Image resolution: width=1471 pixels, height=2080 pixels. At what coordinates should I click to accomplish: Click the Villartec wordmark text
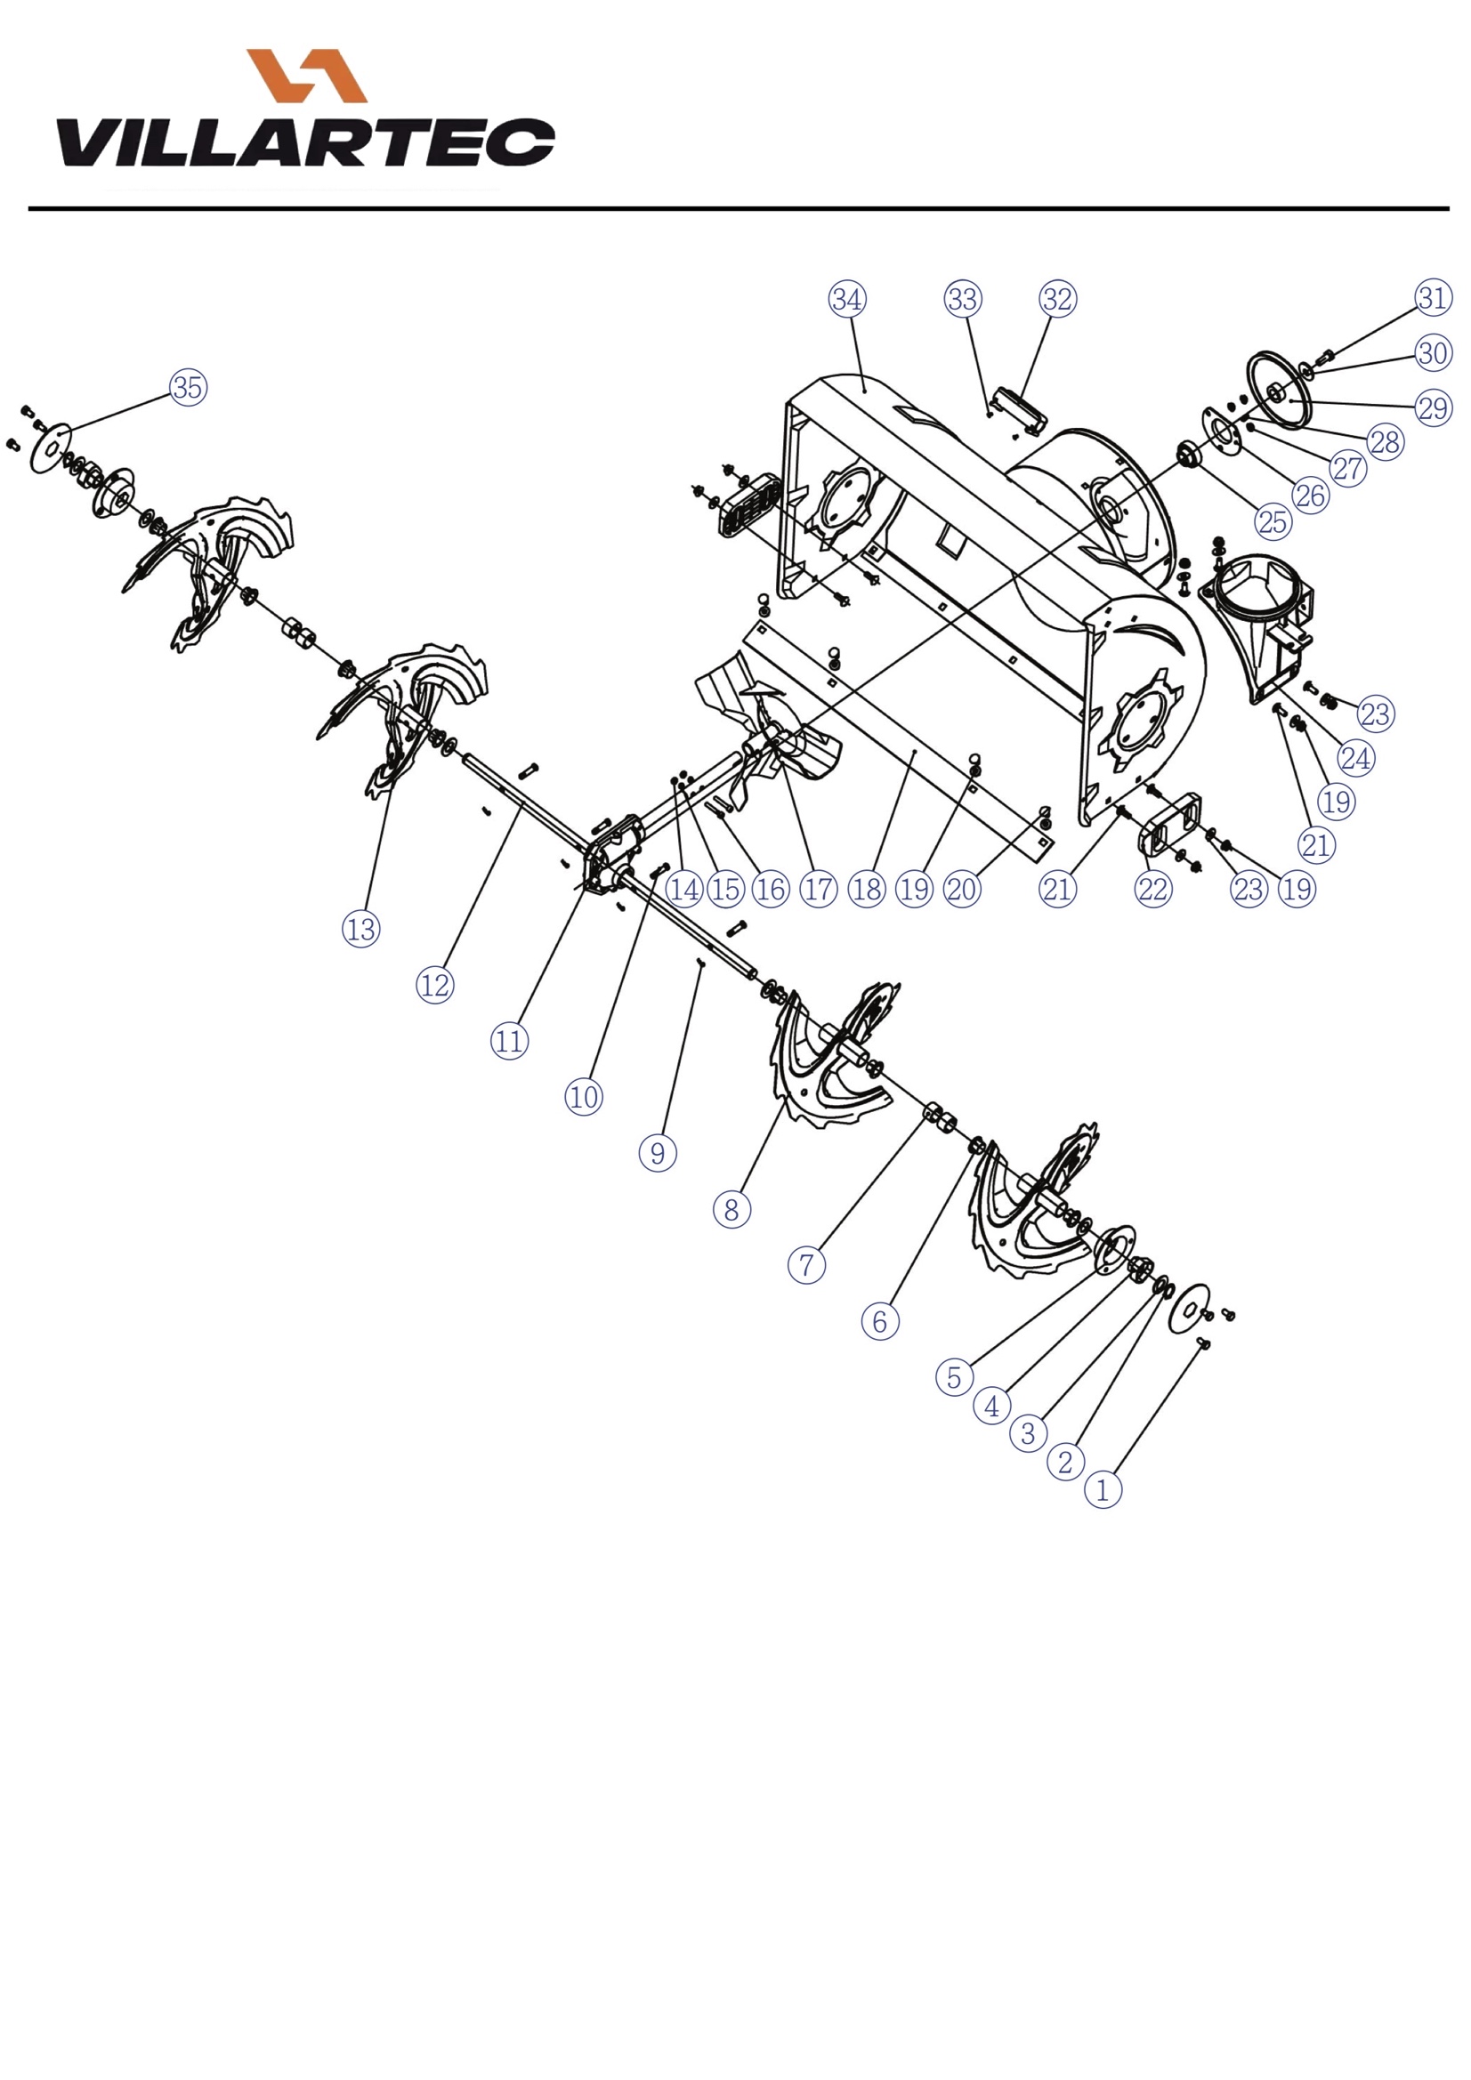[x=305, y=142]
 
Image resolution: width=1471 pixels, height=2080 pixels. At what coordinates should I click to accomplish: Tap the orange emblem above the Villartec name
[x=307, y=76]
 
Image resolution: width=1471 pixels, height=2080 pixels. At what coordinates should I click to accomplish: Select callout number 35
[x=188, y=387]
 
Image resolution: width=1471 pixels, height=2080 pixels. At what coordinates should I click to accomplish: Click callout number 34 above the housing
[x=847, y=299]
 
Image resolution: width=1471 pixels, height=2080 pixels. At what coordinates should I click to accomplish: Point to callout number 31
[x=1433, y=297]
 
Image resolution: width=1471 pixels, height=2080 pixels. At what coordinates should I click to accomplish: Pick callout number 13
[x=360, y=929]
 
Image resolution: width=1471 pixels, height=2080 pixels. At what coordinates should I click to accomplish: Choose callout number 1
[x=1103, y=1490]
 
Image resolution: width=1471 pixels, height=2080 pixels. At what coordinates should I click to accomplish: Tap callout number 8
[x=731, y=1209]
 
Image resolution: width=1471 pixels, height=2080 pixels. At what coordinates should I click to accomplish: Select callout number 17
[x=819, y=889]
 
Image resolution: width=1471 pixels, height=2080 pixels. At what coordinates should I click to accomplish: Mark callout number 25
[x=1273, y=521]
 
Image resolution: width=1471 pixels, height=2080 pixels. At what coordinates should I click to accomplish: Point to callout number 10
[x=584, y=1097]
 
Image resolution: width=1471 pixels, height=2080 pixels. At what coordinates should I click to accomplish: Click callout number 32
[x=1058, y=299]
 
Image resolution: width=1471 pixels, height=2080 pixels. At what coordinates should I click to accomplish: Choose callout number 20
[x=962, y=889]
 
